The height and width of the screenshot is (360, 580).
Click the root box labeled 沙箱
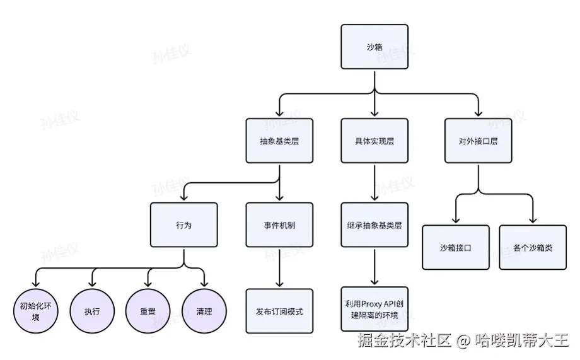[374, 47]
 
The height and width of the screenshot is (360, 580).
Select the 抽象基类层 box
[279, 141]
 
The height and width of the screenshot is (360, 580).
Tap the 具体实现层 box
[374, 141]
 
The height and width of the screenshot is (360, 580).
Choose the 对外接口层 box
[478, 141]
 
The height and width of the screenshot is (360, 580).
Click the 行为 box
[184, 225]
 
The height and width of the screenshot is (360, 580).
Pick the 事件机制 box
[279, 225]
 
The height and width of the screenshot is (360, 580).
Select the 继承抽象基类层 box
[374, 225]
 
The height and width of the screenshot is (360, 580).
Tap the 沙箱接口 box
[456, 248]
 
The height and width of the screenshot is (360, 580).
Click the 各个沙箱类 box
[533, 248]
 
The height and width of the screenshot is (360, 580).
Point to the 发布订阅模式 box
[279, 311]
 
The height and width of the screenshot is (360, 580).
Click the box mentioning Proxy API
[374, 309]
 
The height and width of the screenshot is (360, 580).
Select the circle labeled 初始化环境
[36, 311]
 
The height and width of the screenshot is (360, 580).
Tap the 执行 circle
[92, 311]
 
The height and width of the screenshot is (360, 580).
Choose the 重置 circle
[148, 311]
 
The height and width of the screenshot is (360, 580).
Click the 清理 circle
[204, 311]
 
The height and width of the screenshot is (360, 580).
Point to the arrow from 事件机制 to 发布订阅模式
[279, 268]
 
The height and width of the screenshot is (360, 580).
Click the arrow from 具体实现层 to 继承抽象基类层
[374, 183]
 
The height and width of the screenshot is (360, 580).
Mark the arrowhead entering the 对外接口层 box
[478, 113]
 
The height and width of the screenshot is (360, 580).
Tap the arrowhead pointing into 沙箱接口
[456, 219]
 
